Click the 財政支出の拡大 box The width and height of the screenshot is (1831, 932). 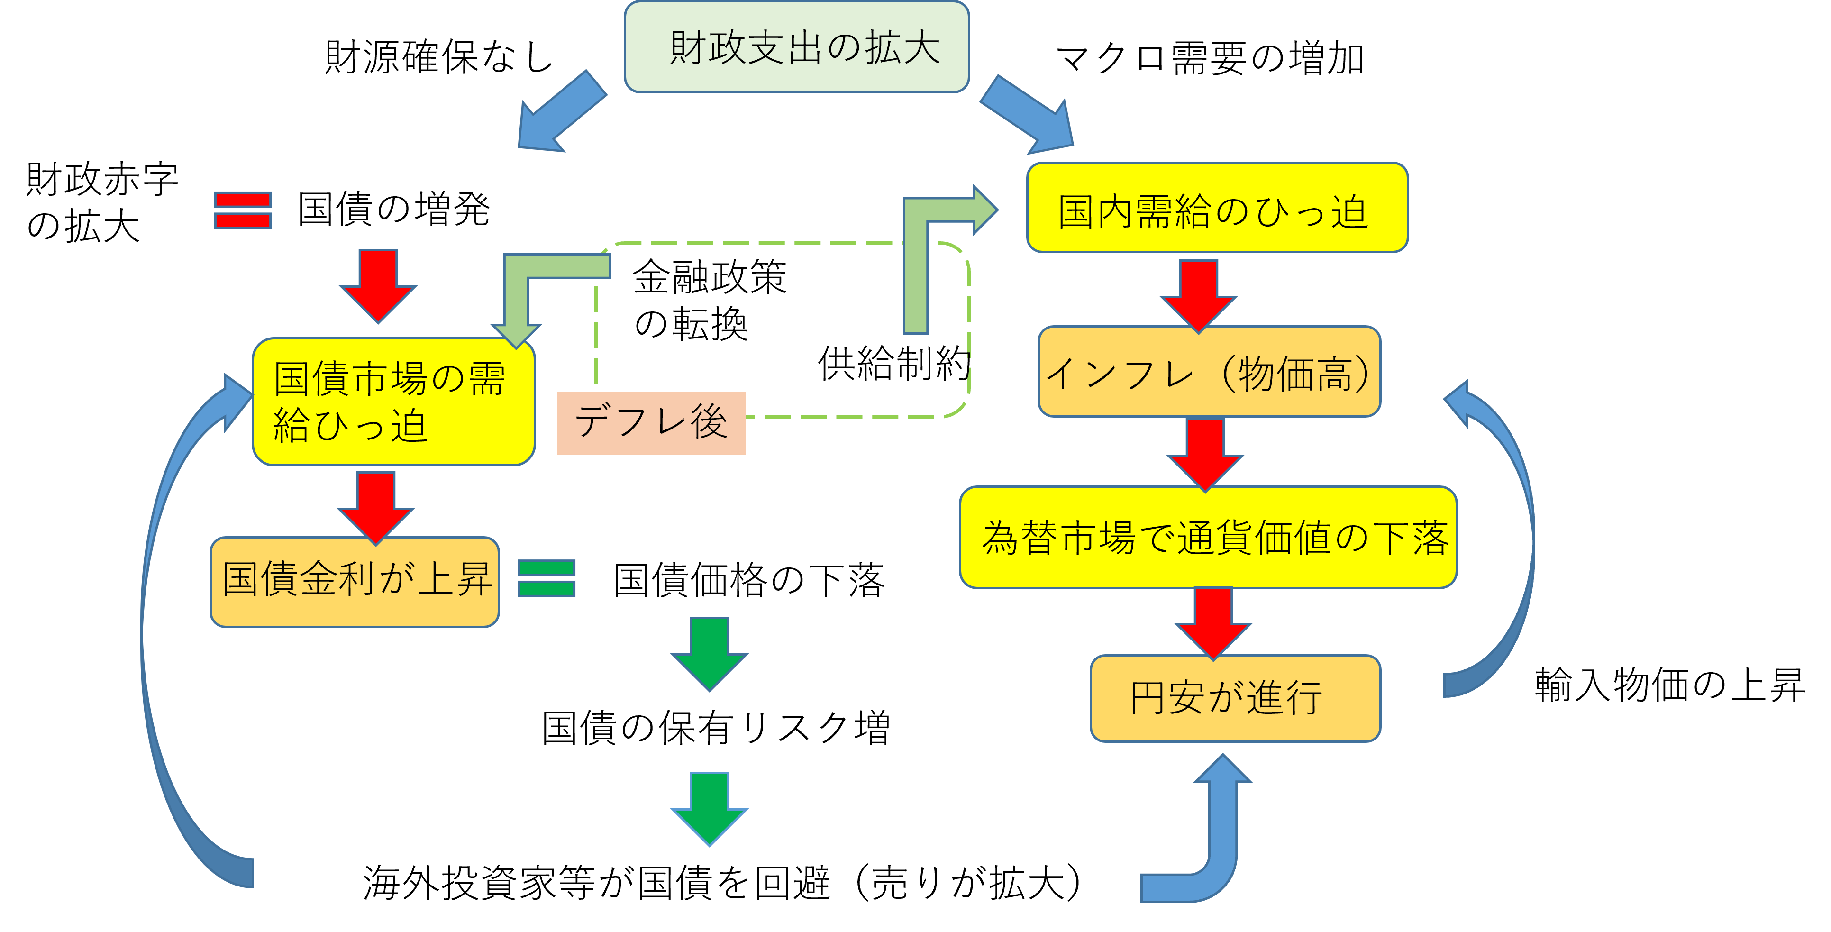pos(796,47)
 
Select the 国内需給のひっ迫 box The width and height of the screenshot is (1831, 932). pos(1217,208)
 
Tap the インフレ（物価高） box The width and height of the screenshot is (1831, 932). pos(1208,372)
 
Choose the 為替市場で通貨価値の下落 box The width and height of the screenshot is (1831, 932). pos(1208,538)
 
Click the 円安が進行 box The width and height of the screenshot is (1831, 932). pos(1235,698)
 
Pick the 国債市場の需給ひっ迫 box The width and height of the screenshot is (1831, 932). pos(393,402)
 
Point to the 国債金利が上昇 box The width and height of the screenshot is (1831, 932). pos(355,582)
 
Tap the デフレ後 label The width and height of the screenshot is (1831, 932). pos(651,422)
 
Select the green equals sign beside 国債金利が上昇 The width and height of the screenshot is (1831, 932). pos(546,578)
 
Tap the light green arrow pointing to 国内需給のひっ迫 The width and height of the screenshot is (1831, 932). pos(931,242)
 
